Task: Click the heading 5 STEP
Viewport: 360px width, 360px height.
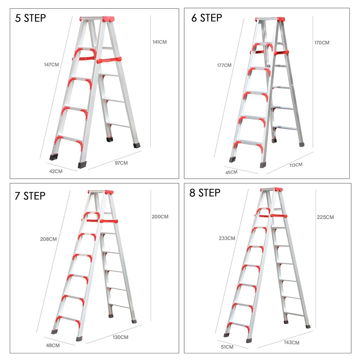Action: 31,18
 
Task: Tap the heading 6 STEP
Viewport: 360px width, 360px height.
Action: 207,18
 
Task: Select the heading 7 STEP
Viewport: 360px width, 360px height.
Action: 30,196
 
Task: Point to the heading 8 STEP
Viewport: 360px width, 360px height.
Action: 205,193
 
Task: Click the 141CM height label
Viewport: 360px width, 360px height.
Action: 160,42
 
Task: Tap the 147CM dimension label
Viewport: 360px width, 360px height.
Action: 51,65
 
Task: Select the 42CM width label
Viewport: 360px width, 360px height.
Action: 56,171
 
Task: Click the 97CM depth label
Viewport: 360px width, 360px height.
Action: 121,163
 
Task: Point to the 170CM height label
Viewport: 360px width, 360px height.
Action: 322,43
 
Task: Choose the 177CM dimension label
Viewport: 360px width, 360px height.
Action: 224,65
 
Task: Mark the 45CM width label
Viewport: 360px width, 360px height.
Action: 231,172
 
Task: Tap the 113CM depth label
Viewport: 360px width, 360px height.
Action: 296,165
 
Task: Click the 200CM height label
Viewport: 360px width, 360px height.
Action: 160,217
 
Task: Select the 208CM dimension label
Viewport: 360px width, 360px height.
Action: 49,239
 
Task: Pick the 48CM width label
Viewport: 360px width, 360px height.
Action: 53,346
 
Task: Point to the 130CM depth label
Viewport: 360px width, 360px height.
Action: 121,337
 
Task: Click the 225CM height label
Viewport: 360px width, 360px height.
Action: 325,217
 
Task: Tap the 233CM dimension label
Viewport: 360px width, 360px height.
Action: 227,238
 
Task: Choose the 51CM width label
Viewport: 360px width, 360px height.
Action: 227,347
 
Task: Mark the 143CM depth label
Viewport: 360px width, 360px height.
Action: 291,342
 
